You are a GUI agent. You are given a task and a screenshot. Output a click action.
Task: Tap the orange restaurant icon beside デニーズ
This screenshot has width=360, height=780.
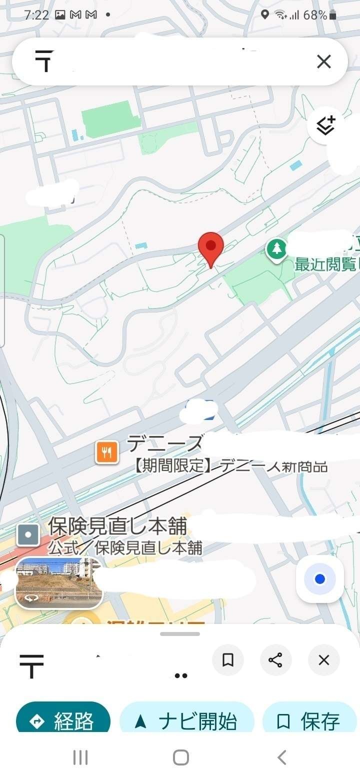click(x=106, y=452)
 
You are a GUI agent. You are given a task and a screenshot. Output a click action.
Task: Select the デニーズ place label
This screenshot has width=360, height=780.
click(x=165, y=443)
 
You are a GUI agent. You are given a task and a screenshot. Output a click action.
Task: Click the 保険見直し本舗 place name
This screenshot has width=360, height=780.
click(x=117, y=526)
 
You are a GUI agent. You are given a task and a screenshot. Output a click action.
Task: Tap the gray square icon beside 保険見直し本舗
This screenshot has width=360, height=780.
click(x=28, y=534)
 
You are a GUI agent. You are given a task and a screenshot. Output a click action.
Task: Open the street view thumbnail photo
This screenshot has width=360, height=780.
click(x=58, y=582)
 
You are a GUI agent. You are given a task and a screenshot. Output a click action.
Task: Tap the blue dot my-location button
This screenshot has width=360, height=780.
click(x=320, y=579)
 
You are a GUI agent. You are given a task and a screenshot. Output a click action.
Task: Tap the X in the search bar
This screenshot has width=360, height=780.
click(x=324, y=61)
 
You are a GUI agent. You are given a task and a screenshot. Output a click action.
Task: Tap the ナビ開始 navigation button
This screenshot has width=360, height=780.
click(x=187, y=721)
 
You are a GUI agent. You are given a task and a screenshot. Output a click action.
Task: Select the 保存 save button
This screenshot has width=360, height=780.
click(x=310, y=721)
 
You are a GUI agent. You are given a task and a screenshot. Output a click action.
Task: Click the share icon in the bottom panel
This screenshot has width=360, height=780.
click(x=275, y=660)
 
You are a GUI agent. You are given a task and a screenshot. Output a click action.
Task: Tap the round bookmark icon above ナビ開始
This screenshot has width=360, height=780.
click(x=228, y=660)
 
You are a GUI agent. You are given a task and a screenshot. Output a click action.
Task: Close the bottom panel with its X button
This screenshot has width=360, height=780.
click(x=323, y=660)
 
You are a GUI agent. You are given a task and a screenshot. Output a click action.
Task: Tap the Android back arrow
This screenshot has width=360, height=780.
click(x=282, y=757)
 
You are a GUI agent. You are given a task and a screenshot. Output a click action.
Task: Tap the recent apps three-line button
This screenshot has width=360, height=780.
click(x=80, y=757)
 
